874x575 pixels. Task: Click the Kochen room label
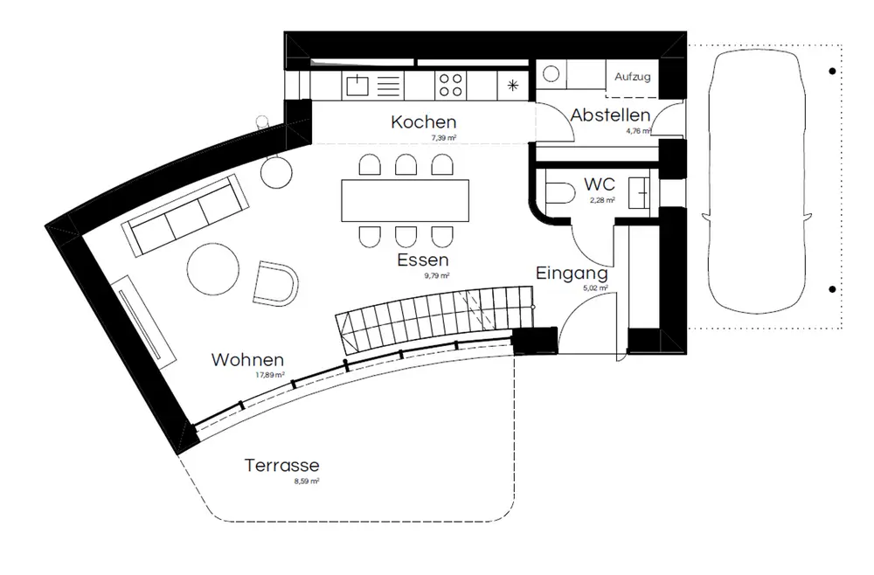click(x=424, y=122)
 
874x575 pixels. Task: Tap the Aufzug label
click(x=632, y=77)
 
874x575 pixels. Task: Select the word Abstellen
click(x=610, y=115)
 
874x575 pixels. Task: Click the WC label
click(x=600, y=184)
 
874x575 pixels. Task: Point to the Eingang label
click(x=572, y=274)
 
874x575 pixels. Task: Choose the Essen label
click(x=422, y=260)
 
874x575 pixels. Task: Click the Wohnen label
click(x=248, y=359)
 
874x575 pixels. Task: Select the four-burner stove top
click(x=450, y=85)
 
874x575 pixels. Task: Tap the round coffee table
click(x=212, y=269)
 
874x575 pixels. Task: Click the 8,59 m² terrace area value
click(x=306, y=481)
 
